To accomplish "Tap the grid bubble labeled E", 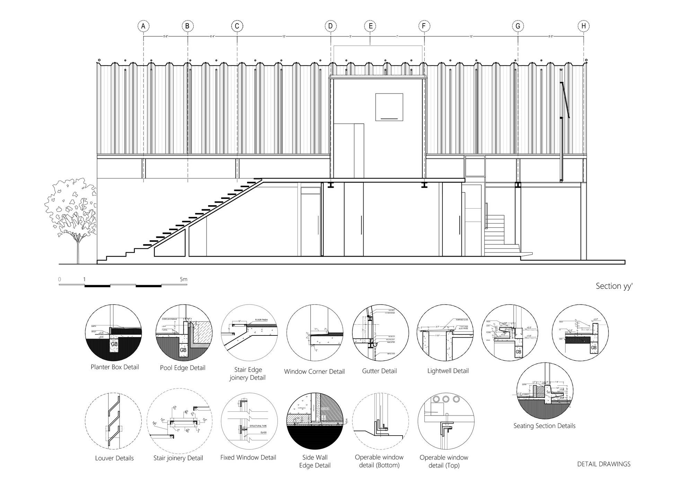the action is [370, 26].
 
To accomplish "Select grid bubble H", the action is [584, 26].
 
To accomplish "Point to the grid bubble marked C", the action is [237, 26].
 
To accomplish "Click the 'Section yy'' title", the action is [614, 286].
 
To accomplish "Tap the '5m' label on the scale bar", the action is [183, 279].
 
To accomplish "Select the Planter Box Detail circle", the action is [113, 334].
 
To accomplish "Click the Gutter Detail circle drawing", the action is [380, 334].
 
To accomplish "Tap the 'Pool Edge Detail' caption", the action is [183, 368].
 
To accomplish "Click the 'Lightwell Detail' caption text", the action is [448, 371].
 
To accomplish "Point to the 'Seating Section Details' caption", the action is [544, 426].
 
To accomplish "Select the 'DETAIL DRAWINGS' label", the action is [604, 464].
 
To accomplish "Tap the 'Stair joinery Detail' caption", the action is [178, 458].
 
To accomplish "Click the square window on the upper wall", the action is [389, 107].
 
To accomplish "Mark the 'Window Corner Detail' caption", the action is [314, 372].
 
